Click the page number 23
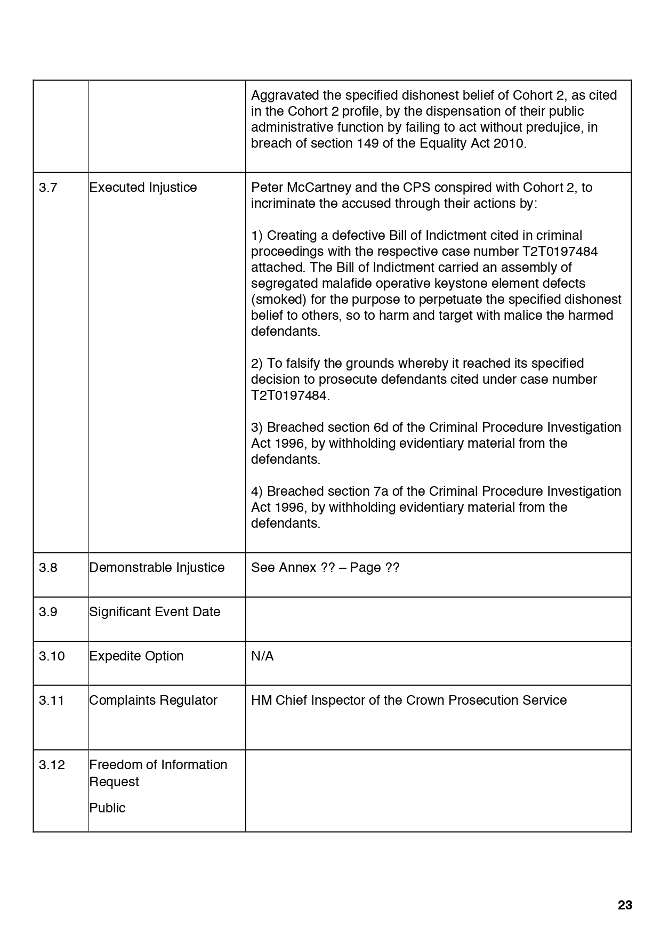tap(625, 905)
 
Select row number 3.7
tap(47, 188)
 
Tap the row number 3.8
tap(48, 568)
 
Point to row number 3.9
tap(48, 612)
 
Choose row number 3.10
tap(52, 656)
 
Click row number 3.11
tap(52, 700)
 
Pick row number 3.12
tap(52, 765)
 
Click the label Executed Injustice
tap(143, 188)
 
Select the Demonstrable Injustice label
tap(157, 568)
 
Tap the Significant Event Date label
tap(155, 612)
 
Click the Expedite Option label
tap(136, 656)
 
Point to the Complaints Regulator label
tap(153, 700)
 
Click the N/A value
tap(262, 656)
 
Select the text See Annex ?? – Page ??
tap(325, 568)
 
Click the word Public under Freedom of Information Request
tap(107, 808)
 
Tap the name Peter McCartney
tap(294, 188)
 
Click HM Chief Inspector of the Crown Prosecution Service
tap(409, 700)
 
